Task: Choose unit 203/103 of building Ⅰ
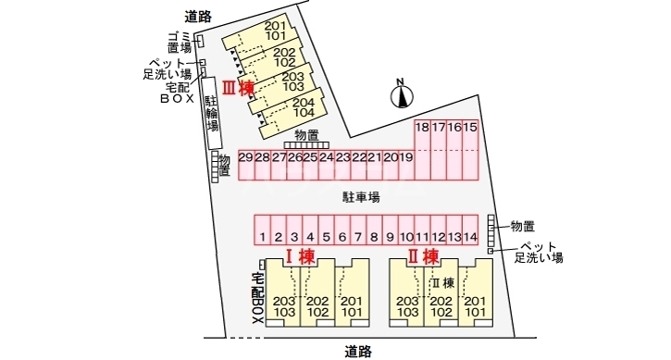coord(284,307)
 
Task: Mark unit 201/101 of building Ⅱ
coord(475,307)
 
